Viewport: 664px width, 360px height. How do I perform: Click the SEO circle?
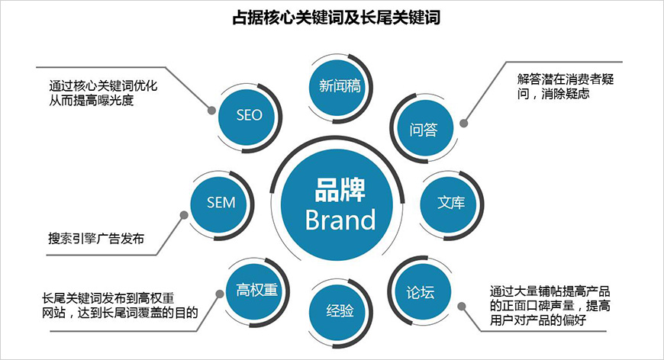(x=249, y=115)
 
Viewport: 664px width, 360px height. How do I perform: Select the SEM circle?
(x=221, y=203)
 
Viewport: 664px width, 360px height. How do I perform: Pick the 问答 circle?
(x=423, y=129)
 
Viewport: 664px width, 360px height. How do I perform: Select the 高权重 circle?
(x=255, y=289)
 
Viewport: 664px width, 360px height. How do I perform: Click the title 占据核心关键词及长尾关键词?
(x=336, y=17)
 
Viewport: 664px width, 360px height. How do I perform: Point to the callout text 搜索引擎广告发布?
(x=96, y=239)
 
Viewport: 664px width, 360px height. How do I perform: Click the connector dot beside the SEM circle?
(x=184, y=216)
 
